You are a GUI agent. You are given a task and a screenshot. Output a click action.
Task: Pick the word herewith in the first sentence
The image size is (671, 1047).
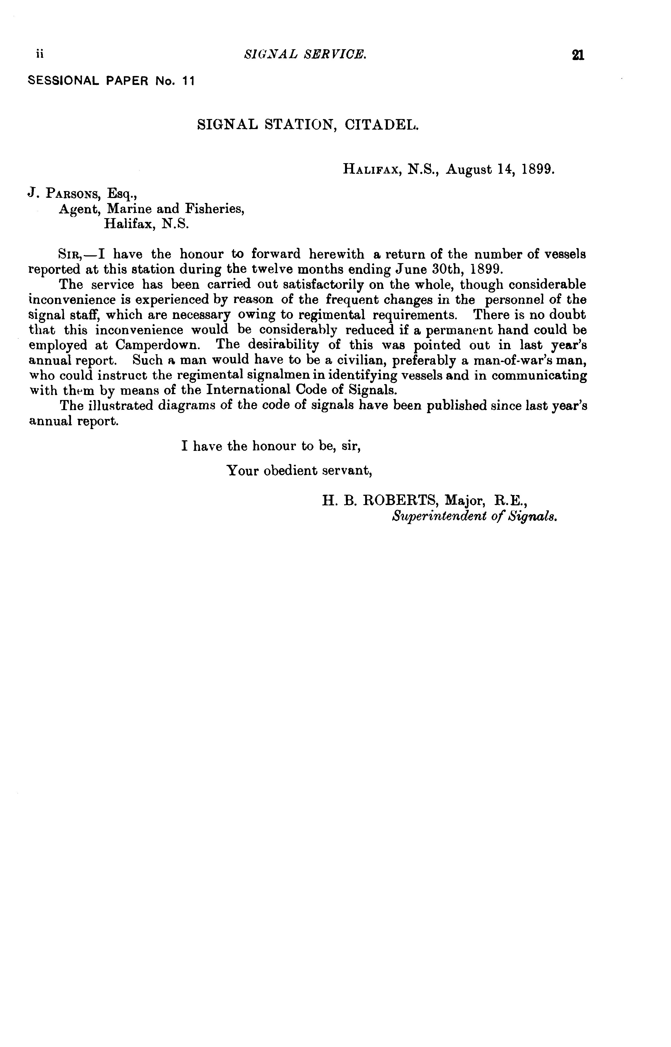336,254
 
